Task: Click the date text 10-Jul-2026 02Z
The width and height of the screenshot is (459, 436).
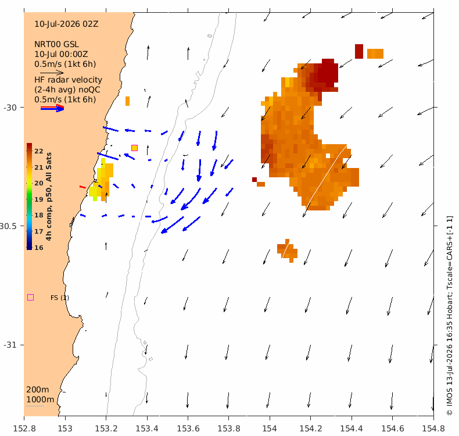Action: click(66, 24)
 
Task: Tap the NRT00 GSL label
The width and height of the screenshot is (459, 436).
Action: click(56, 44)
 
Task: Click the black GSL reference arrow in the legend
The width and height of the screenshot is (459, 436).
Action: click(52, 72)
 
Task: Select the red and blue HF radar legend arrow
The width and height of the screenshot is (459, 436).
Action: click(52, 108)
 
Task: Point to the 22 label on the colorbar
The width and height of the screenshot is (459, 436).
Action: click(39, 151)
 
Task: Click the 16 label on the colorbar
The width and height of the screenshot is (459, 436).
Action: click(39, 248)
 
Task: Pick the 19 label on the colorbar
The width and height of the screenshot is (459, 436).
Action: click(39, 199)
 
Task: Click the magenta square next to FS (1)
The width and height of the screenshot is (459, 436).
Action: click(30, 298)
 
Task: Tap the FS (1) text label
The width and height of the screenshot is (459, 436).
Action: click(60, 298)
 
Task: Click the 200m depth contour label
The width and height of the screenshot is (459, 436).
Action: click(38, 389)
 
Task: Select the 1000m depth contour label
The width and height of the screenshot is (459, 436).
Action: click(40, 399)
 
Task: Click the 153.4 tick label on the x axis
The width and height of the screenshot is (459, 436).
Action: click(147, 428)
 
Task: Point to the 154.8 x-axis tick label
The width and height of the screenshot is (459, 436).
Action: click(433, 428)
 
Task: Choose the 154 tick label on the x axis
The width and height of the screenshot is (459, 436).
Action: click(270, 428)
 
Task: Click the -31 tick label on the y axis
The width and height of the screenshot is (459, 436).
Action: click(10, 345)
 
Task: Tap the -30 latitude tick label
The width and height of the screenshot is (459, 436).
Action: click(10, 108)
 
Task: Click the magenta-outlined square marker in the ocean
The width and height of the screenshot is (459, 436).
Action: click(134, 148)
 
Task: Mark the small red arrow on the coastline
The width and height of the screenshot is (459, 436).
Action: click(83, 187)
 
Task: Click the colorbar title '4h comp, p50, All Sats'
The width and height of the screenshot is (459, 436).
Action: click(49, 196)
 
